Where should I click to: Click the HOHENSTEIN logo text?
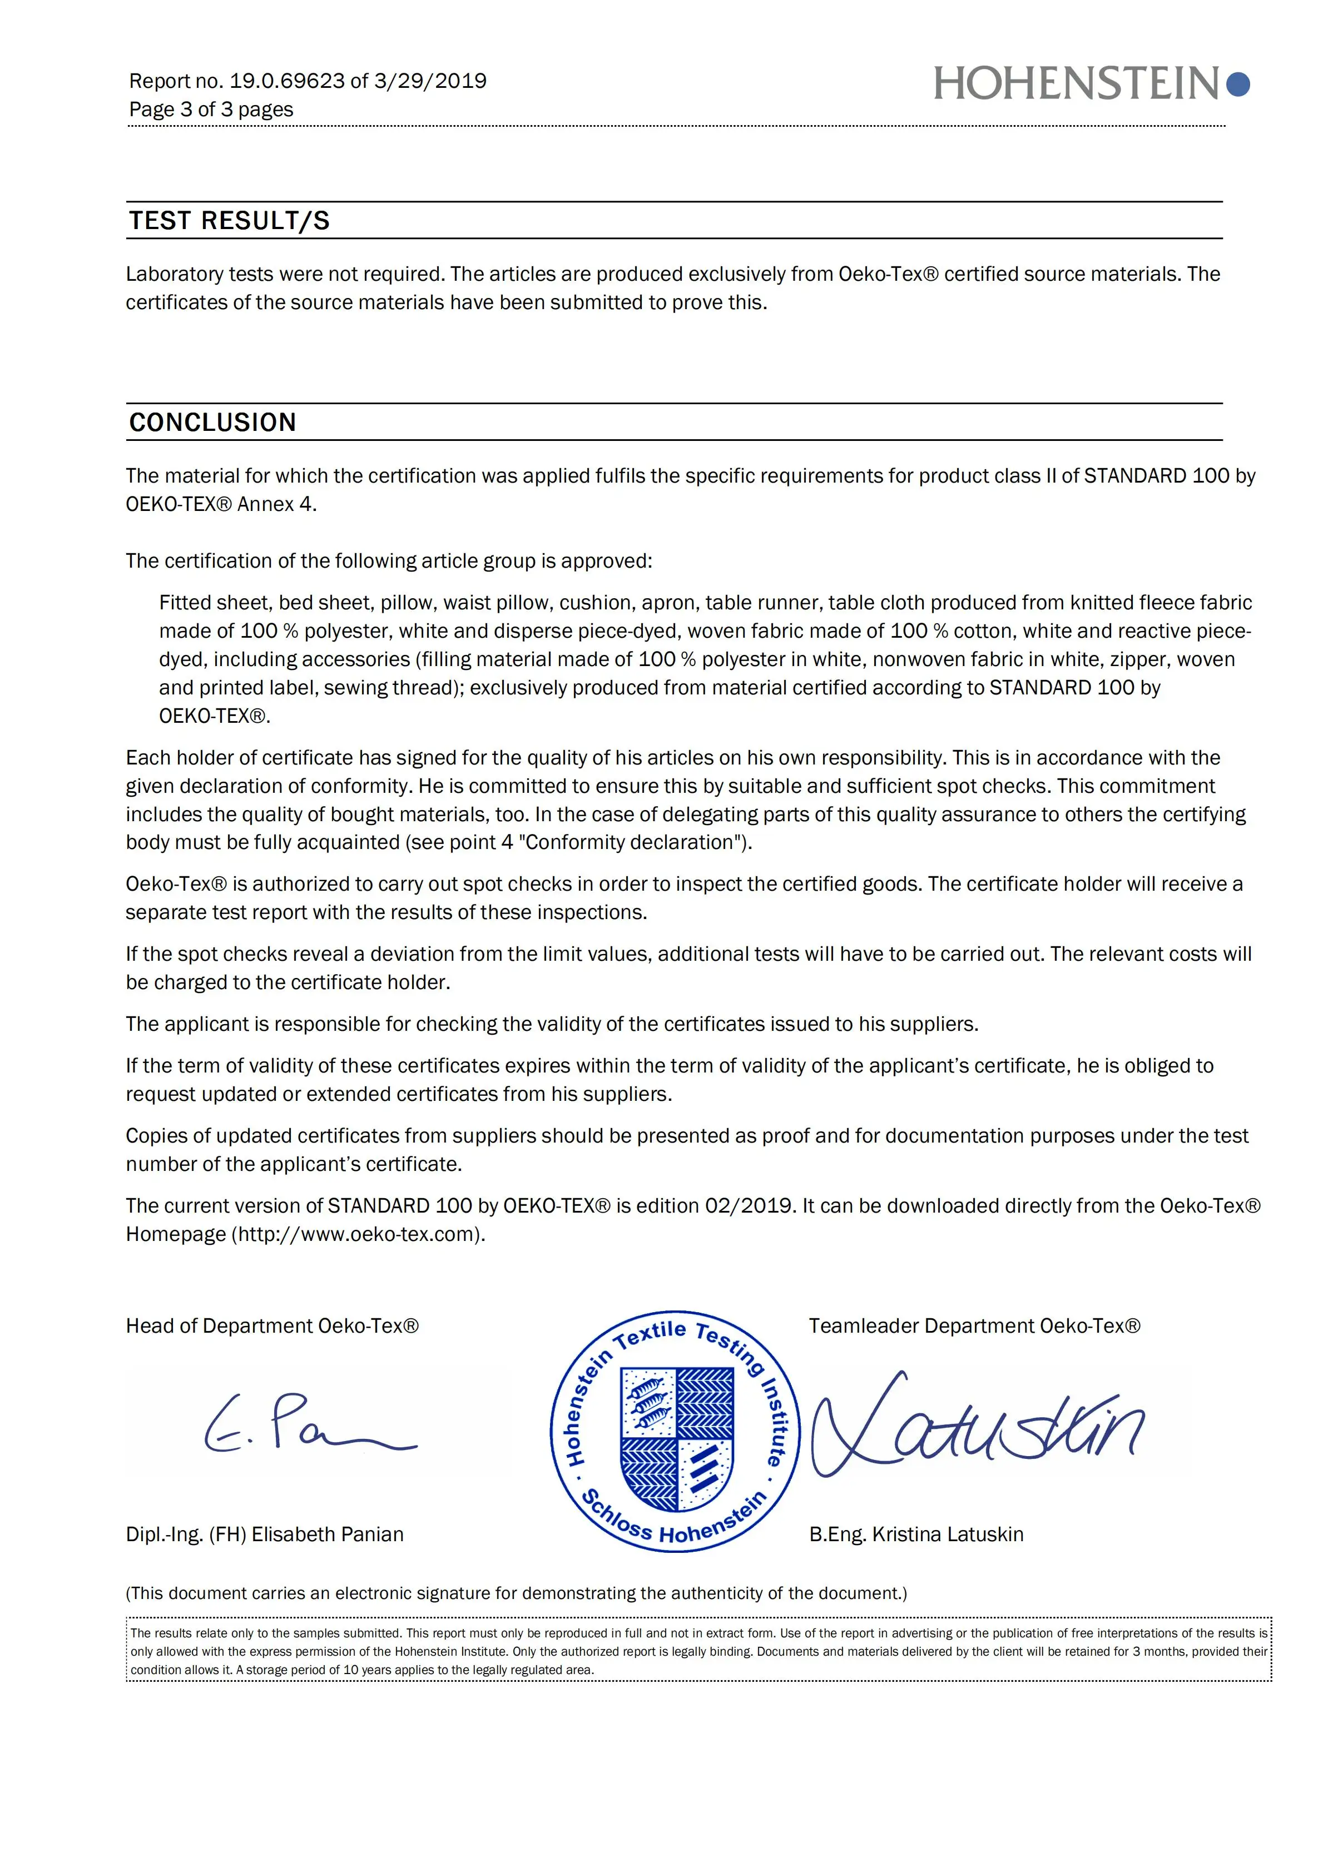(x=1077, y=84)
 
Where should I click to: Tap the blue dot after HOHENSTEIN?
(x=1238, y=84)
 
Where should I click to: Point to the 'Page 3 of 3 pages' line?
(x=211, y=110)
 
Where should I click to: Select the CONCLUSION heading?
(x=213, y=423)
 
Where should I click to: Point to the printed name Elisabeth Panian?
(x=327, y=1535)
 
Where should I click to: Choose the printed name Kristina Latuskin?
(x=947, y=1535)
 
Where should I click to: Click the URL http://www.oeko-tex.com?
(x=358, y=1234)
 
